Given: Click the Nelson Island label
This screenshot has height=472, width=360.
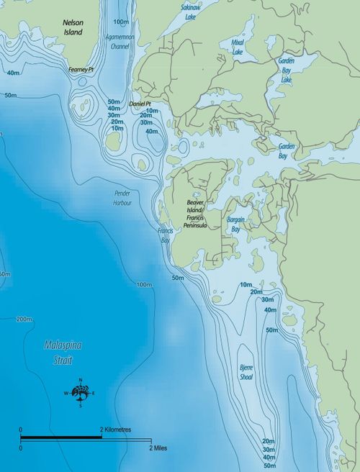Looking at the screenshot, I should [x=73, y=28].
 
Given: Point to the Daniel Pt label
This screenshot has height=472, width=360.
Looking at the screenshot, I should [x=140, y=104].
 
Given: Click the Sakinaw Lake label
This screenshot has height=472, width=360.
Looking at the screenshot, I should [x=191, y=10].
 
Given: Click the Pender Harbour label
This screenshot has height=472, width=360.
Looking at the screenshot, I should [x=123, y=198].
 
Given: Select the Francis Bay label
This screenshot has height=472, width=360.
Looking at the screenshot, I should [x=166, y=235].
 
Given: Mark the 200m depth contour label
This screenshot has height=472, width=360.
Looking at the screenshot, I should [x=24, y=319].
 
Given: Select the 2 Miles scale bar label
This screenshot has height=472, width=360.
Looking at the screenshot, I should [x=159, y=447].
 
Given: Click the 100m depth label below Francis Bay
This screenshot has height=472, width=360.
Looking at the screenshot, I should [x=145, y=285].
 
